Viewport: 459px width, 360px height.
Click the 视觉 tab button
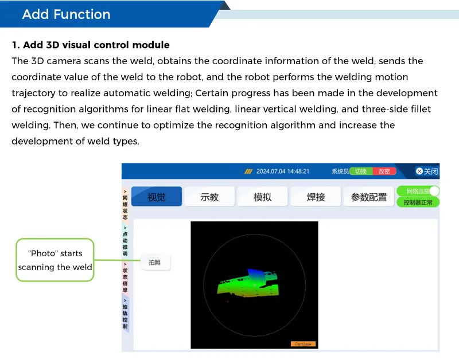157,197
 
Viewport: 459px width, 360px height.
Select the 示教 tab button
209,197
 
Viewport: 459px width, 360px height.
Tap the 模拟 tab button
262,197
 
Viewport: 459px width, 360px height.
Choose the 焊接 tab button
316,197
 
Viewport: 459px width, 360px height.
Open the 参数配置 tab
369,197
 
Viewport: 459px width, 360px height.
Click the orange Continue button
303,344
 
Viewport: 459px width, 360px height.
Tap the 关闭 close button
426,171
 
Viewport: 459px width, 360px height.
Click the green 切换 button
361,171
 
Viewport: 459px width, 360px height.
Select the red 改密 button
384,171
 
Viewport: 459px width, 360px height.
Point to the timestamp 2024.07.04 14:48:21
283,171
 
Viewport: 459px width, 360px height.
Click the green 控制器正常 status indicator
417,202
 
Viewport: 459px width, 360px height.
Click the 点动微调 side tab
125,241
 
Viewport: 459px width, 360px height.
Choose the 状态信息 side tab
125,277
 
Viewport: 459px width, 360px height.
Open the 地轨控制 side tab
125,314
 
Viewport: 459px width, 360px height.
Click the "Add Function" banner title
67,14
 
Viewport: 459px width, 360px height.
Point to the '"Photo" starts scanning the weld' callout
55,260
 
